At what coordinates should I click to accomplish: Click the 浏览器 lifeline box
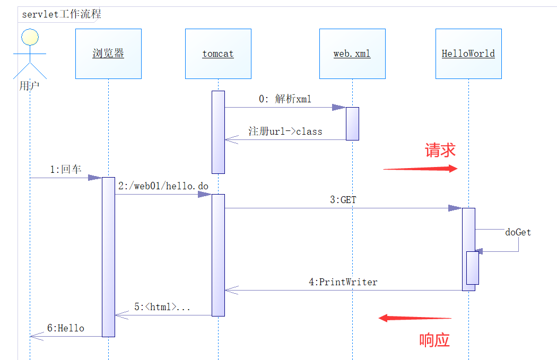[x=108, y=54]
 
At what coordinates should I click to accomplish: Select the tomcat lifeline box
[x=218, y=54]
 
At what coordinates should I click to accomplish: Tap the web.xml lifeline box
[x=352, y=54]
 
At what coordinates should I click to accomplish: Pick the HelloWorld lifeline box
[x=468, y=54]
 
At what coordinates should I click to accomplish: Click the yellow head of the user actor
[x=30, y=37]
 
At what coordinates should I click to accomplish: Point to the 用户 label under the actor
[x=29, y=85]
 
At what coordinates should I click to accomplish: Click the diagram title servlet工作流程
[x=62, y=14]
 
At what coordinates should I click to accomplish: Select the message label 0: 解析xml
[x=285, y=99]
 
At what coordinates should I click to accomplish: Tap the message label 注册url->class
[x=285, y=131]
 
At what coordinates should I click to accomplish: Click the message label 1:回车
[x=66, y=169]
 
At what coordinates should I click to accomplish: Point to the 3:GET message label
[x=343, y=200]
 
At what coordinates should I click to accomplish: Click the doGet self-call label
[x=518, y=232]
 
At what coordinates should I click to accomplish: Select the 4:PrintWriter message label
[x=343, y=282]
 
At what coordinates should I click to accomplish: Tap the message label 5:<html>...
[x=162, y=306]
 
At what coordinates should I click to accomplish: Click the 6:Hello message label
[x=66, y=328]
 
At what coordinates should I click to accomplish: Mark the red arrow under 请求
[x=420, y=169]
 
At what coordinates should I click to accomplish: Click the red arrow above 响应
[x=414, y=318]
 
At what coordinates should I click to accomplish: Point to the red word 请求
[x=440, y=150]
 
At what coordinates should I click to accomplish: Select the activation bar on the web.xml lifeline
[x=352, y=124]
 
